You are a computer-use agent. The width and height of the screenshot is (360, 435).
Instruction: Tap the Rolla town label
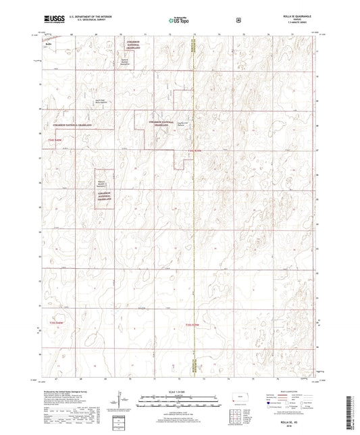coord(49,41)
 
